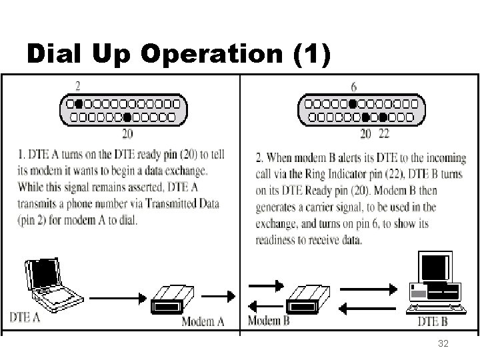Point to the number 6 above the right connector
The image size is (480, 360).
pyautogui.click(x=353, y=87)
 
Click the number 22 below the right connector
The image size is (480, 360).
pyautogui.click(x=383, y=133)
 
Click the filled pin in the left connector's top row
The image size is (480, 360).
pyautogui.click(x=79, y=104)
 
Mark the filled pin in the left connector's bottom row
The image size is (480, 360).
pyautogui.click(x=127, y=117)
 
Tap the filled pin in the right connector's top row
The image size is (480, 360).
pyautogui.click(x=353, y=104)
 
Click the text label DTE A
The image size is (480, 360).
pyautogui.click(x=25, y=317)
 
